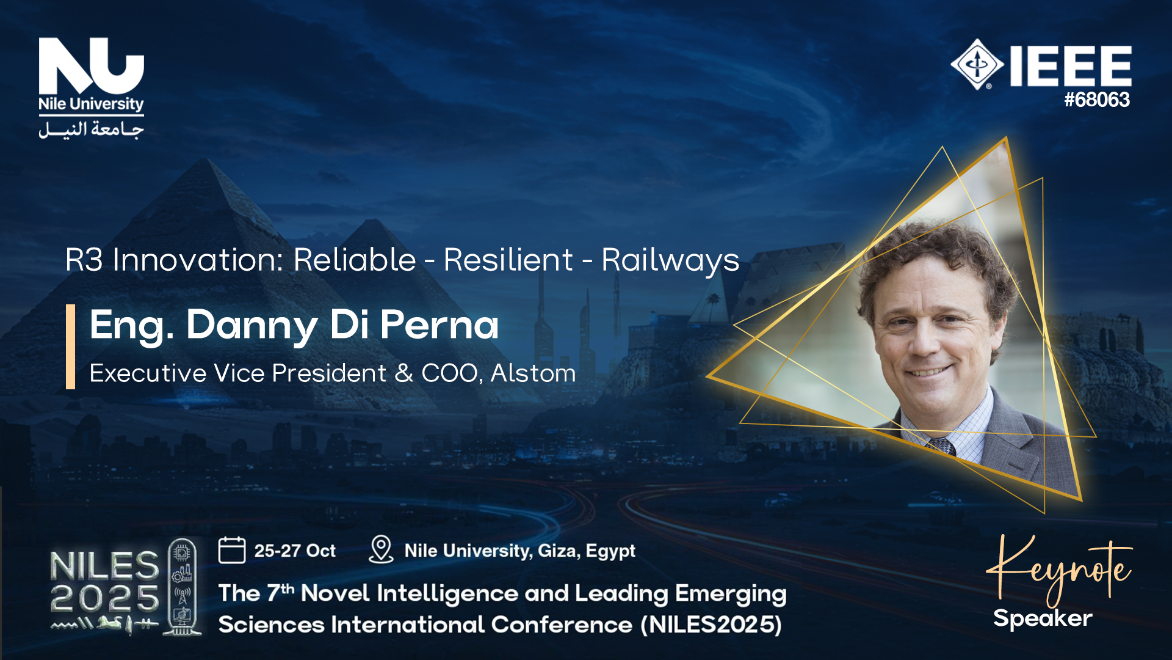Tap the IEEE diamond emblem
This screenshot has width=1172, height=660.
[x=977, y=64]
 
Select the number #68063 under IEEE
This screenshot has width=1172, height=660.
[x=1097, y=100]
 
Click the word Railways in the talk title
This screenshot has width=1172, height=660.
[x=670, y=260]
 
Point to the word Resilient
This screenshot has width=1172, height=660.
[x=508, y=260]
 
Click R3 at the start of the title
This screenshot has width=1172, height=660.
[x=84, y=260]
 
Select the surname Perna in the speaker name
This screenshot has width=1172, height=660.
[x=439, y=324]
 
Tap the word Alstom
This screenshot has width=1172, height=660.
[x=533, y=373]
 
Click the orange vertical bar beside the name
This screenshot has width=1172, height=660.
[x=70, y=346]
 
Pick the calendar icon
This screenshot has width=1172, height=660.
[x=232, y=550]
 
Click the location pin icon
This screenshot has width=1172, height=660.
[x=381, y=549]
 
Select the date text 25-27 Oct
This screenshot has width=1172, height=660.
[x=295, y=551]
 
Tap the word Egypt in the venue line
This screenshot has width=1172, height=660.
[x=610, y=551]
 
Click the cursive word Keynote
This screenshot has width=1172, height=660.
[x=1059, y=568]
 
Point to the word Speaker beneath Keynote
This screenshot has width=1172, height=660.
[x=1043, y=618]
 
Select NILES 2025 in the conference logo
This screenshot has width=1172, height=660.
[x=104, y=582]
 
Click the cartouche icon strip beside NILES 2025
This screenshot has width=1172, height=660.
[x=182, y=587]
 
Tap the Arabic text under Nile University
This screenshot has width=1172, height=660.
[x=91, y=130]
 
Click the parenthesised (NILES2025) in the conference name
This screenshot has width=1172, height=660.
[x=711, y=625]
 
